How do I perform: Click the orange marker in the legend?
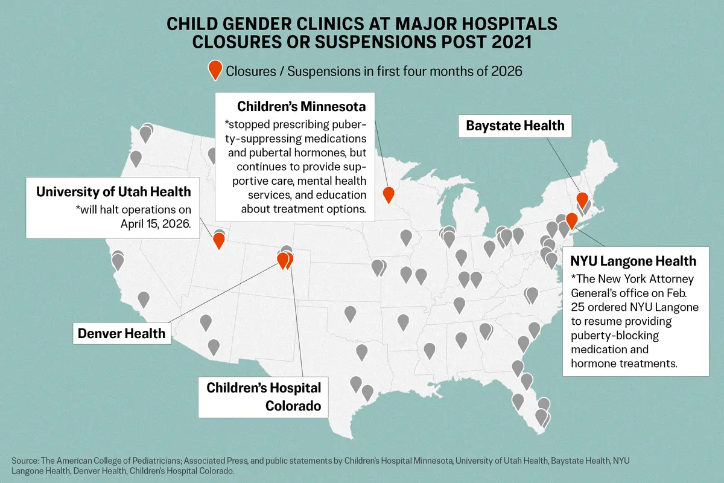pyautogui.click(x=214, y=69)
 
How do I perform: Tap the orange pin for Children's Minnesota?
pyautogui.click(x=389, y=194)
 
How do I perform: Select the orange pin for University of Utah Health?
pyautogui.click(x=219, y=240)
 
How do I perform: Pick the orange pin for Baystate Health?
pyautogui.click(x=582, y=199)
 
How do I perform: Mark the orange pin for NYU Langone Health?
pyautogui.click(x=571, y=220)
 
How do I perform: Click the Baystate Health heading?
pyautogui.click(x=515, y=126)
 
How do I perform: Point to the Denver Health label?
pyautogui.click(x=121, y=333)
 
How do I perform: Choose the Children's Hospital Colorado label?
pyautogui.click(x=264, y=396)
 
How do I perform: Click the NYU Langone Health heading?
pyautogui.click(x=633, y=261)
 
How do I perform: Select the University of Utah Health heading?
pyautogui.click(x=113, y=191)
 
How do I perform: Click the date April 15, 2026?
pyautogui.click(x=156, y=222)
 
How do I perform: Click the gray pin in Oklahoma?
pyautogui.click(x=350, y=313)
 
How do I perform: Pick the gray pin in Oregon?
pyautogui.click(x=136, y=158)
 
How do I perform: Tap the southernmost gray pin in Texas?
pyautogui.click(x=367, y=392)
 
